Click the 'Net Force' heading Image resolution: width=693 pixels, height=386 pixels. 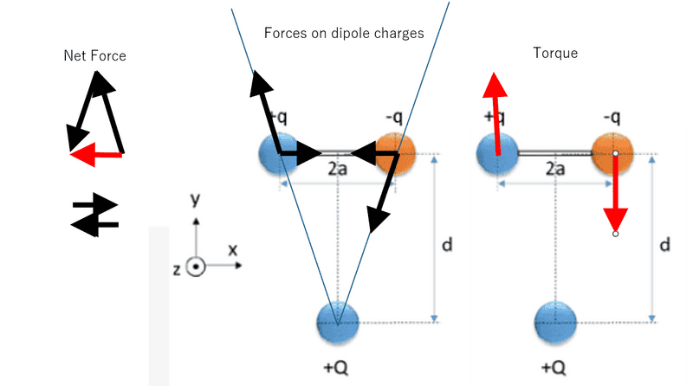tap(94, 55)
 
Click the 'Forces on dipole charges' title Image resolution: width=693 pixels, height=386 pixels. tap(344, 35)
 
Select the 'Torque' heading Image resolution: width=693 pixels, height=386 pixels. tap(555, 54)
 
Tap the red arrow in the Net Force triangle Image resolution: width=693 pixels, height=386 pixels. tap(96, 156)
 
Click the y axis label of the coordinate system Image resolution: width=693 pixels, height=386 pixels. tap(196, 200)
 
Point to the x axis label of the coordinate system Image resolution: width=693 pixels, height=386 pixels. tap(232, 249)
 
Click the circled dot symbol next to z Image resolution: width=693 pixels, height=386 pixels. tap(197, 267)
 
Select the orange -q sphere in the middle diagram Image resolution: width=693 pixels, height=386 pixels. tap(395, 153)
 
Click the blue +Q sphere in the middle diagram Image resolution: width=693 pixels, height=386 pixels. tap(339, 322)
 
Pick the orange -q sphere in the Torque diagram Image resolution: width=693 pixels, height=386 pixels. tap(613, 153)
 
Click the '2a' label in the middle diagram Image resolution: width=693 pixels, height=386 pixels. tap(337, 170)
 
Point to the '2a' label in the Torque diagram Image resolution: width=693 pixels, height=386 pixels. tap(555, 170)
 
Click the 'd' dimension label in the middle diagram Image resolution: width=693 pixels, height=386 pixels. tap(447, 245)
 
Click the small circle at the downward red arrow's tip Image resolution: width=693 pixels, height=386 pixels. tap(615, 234)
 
